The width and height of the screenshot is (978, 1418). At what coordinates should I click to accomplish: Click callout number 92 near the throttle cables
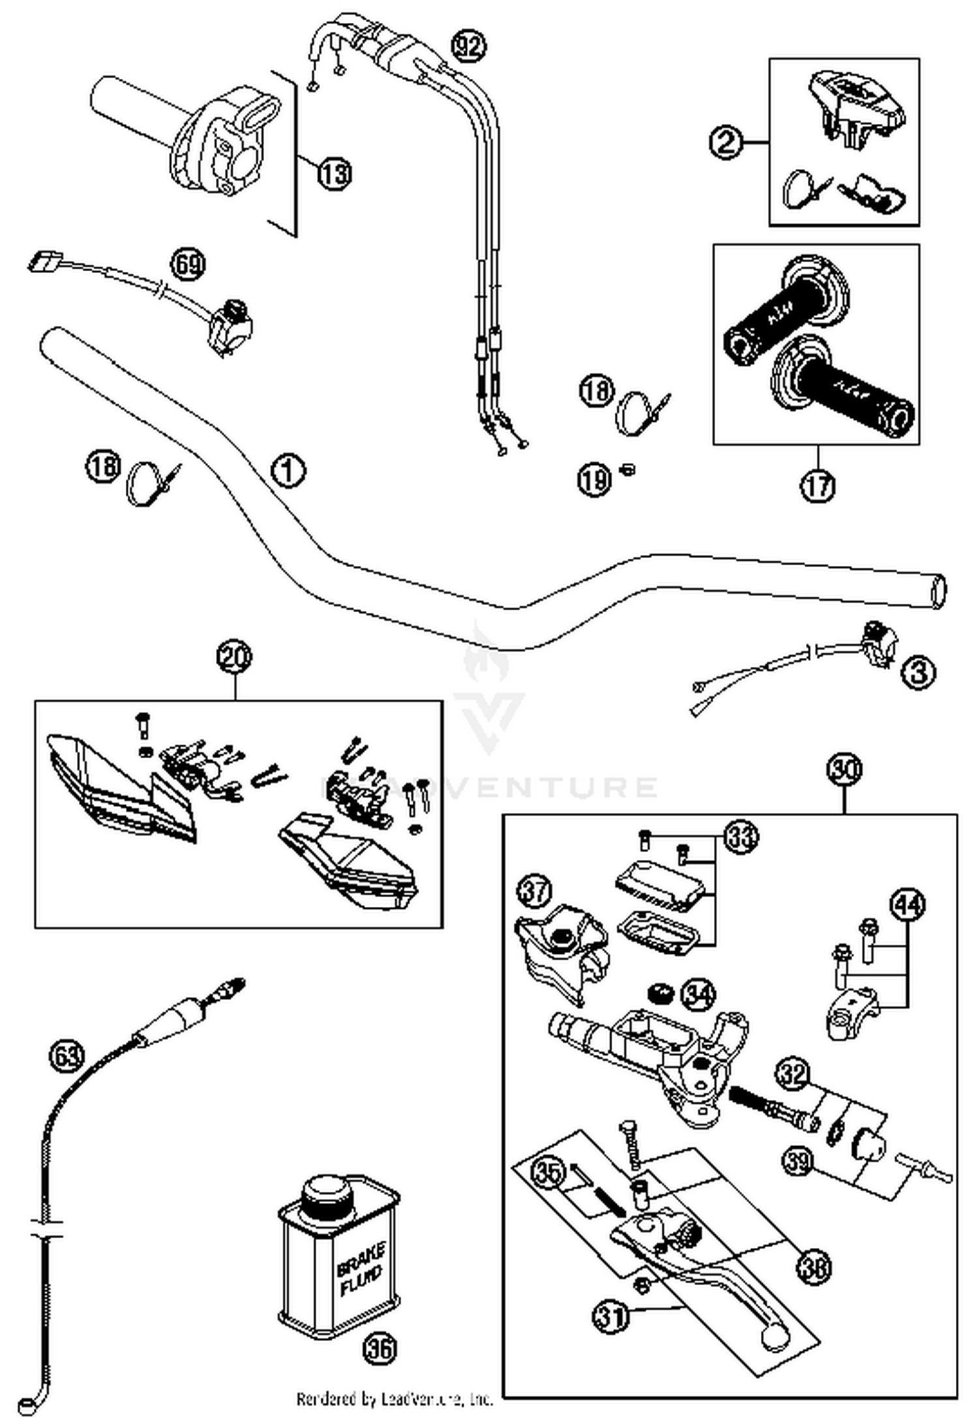point(469,46)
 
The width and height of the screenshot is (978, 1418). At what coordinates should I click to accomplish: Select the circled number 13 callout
point(334,174)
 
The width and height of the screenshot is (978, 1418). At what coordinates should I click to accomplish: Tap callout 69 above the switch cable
point(188,264)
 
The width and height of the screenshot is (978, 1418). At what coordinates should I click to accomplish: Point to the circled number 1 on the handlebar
point(288,470)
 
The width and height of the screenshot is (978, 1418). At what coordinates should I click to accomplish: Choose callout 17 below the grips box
point(818,486)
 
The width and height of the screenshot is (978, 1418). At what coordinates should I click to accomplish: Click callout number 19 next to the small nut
point(593,480)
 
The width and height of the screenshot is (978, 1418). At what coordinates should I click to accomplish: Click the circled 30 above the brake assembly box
point(844,769)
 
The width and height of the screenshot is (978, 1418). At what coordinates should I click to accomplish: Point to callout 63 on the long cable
point(67,1054)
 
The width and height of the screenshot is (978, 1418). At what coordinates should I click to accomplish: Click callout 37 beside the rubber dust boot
point(535,891)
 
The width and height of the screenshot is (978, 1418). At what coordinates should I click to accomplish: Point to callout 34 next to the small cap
point(698,994)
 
